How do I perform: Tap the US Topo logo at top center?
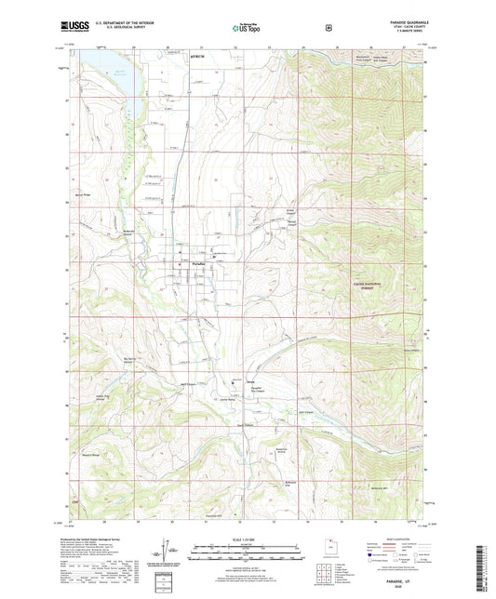(x=247, y=29)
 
